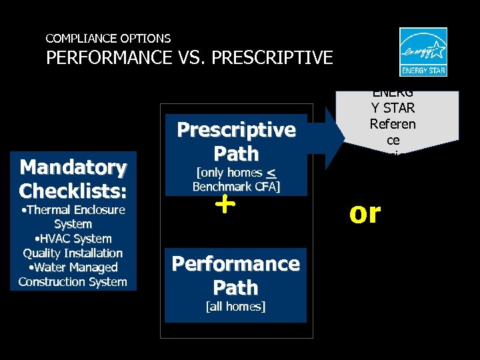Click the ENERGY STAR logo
(423, 52)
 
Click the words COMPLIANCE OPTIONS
(108, 39)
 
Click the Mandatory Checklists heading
(73, 179)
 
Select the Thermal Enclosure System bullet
(73, 217)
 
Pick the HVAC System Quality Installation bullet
(73, 246)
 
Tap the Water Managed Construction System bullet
(73, 275)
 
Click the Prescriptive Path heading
(236, 141)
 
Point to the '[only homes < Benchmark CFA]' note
(236, 180)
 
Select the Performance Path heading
(236, 275)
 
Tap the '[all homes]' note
(236, 307)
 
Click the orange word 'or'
(365, 213)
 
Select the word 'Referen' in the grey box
(393, 124)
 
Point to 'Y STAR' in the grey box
(393, 108)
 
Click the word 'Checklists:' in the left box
(73, 191)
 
